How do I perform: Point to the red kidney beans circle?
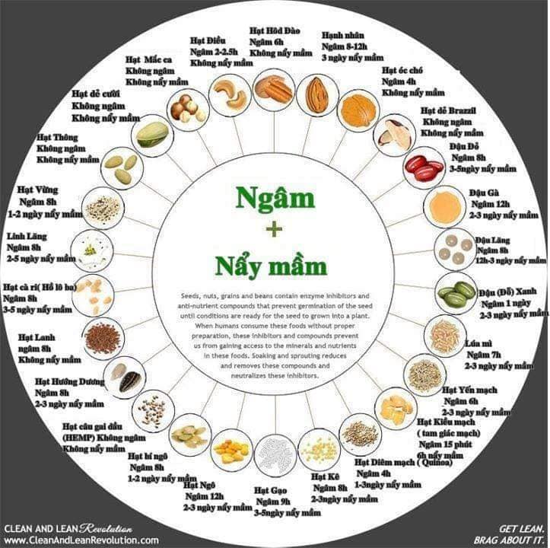pos(423,167)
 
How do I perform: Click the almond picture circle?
pos(316,95)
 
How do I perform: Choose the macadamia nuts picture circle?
pos(186,108)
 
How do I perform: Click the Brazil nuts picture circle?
pos(396,135)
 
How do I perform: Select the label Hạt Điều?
pos(205,40)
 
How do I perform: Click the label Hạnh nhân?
pos(342,35)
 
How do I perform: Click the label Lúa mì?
pos(478,342)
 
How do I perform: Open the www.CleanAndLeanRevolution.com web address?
pos(81,540)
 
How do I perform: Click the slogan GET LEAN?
pos(521,527)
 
